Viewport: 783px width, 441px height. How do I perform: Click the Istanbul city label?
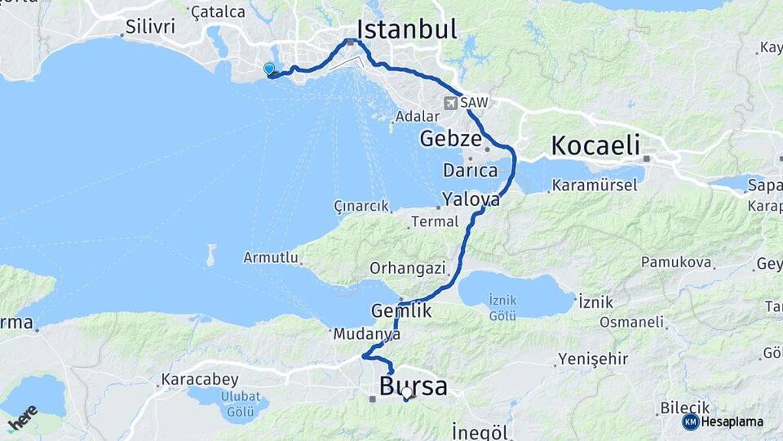[406, 29]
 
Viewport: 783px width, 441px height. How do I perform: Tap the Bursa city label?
[413, 385]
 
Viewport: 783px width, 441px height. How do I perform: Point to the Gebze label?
[450, 139]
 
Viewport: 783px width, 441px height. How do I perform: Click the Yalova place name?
[471, 199]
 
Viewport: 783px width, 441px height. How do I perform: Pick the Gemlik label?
[401, 311]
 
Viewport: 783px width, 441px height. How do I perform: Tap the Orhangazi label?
[408, 268]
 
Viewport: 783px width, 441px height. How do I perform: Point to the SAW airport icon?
[451, 103]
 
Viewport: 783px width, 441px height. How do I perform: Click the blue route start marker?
[269, 70]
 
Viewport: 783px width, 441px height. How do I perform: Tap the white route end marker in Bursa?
[406, 393]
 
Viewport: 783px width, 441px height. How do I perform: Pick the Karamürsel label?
[594, 185]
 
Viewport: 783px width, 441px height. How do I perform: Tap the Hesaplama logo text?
[732, 422]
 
